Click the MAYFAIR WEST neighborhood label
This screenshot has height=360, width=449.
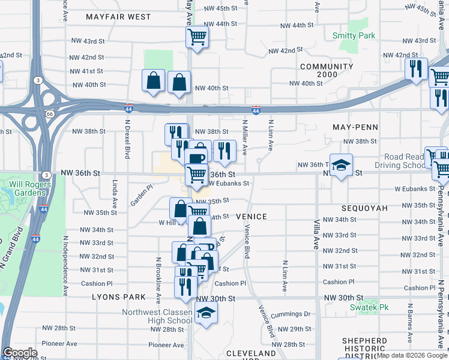click(x=118, y=17)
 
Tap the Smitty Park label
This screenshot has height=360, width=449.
click(x=354, y=35)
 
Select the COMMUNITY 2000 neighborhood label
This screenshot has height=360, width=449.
click(x=327, y=71)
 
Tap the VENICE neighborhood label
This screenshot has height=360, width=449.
click(x=251, y=216)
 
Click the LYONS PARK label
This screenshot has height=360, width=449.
click(x=119, y=297)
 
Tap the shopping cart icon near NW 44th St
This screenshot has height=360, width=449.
click(x=197, y=38)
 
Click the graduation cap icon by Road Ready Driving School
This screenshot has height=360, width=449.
click(x=341, y=166)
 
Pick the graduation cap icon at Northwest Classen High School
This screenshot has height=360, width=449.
click(x=206, y=313)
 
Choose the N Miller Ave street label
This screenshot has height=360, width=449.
click(x=245, y=137)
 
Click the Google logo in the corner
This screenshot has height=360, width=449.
click(x=20, y=353)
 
